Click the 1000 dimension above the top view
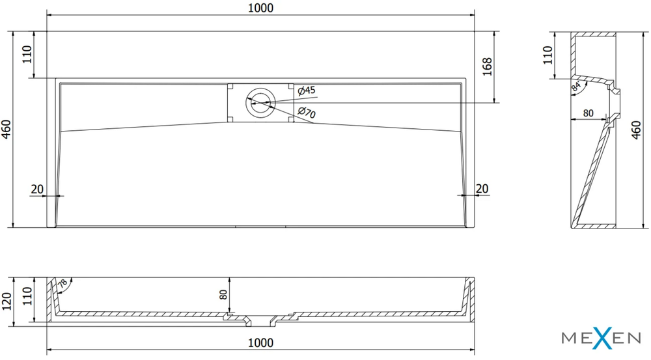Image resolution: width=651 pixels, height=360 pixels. tap(261, 8)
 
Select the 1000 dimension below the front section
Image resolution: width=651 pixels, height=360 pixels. tap(261, 342)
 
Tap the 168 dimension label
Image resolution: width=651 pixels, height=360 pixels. tap(487, 66)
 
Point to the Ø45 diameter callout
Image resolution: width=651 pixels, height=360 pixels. tap(307, 90)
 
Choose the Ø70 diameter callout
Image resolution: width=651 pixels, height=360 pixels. tap(307, 112)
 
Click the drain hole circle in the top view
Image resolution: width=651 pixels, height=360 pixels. tap(260, 102)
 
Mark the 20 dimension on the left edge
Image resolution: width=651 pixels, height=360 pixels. tap(37, 189)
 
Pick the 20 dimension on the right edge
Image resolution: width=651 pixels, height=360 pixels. tap(482, 189)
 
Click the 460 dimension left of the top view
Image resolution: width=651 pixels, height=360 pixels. tap(7, 129)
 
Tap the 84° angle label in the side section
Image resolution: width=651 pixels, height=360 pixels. tap(576, 87)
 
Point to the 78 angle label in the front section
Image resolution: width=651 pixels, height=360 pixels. tap(62, 284)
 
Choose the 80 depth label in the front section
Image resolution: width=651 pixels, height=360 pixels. tap(223, 294)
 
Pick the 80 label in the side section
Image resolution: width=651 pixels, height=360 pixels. tap(588, 113)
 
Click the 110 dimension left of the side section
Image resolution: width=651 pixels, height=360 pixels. tap(547, 55)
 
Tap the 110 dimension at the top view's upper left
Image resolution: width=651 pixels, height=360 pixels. tap(27, 55)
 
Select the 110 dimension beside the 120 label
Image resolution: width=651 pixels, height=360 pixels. tap(27, 296)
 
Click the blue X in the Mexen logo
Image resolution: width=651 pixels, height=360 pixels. tap(602, 337)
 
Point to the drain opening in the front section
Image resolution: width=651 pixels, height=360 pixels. tap(261, 320)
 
